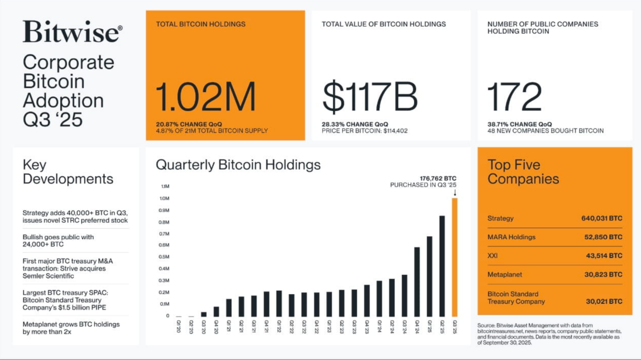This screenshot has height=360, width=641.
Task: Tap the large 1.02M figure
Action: coord(205,96)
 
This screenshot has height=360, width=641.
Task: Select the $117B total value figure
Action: coord(370,96)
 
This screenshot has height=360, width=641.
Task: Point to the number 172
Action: coord(514,96)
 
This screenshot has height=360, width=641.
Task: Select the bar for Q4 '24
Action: coord(417,282)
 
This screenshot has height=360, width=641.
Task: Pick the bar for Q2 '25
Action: coord(442,266)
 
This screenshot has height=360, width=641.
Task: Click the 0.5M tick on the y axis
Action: coord(164,257)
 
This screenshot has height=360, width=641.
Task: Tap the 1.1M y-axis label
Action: coord(165,186)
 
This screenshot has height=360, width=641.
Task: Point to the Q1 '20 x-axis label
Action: coord(179,327)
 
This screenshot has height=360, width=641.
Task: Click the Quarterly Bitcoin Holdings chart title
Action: coord(238,165)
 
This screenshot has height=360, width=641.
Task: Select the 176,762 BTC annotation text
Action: coord(438,178)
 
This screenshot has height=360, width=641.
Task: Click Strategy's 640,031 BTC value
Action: coord(602,218)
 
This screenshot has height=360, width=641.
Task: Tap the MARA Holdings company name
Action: coord(511,237)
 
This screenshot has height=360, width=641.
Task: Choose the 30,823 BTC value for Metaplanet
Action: coord(603,274)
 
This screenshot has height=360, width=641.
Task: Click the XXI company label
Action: coord(493,256)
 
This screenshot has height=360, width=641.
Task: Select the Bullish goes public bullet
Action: coord(58,241)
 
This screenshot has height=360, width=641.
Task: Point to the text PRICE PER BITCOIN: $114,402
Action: coord(364,131)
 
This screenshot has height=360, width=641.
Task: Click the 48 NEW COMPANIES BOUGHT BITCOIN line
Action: coord(545,131)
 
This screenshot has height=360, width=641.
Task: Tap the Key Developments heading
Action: coord(68,172)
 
